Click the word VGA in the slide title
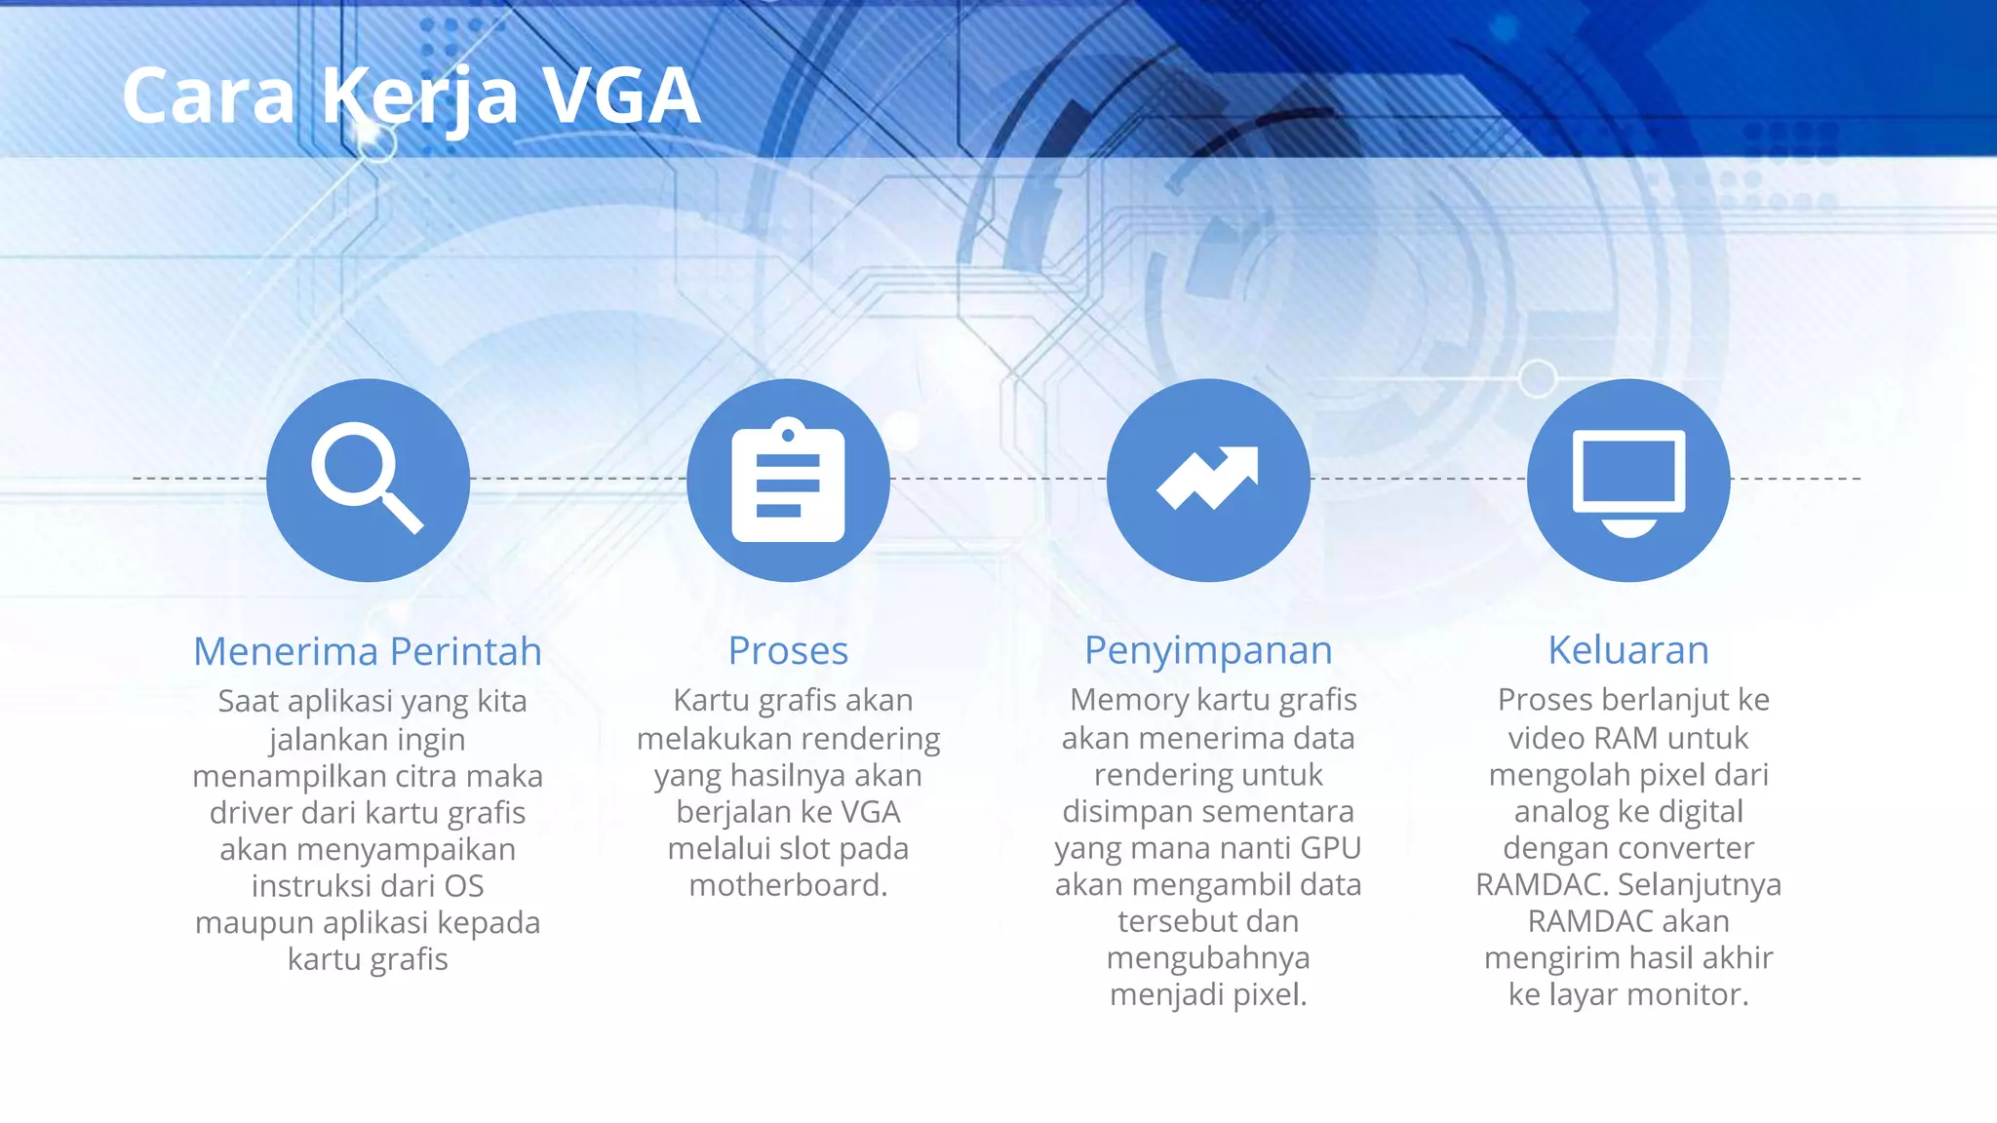tap(621, 97)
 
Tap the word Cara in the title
tap(209, 97)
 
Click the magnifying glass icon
tap(368, 480)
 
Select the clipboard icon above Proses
tap(788, 480)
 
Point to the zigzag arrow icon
tap(1208, 480)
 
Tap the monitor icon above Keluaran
tap(1628, 480)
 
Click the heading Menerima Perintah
tap(368, 651)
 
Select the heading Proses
tap(788, 651)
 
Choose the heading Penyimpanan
tap(1208, 651)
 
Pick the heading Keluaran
tap(1628, 651)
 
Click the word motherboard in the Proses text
tap(786, 885)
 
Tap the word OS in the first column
tap(463, 886)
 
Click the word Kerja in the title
tap(419, 97)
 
